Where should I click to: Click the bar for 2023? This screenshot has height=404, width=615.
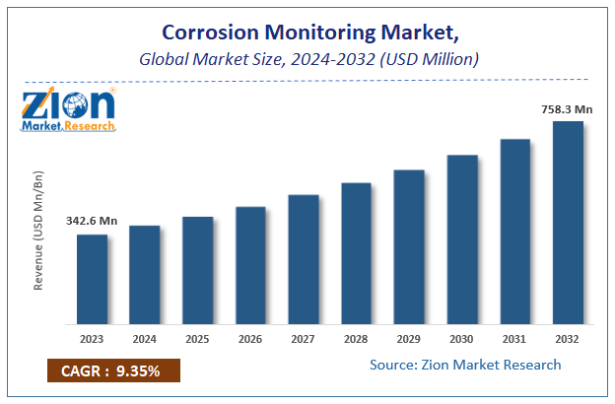tap(92, 279)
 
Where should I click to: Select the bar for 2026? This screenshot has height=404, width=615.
tap(250, 265)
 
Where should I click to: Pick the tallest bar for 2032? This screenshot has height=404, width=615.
tap(568, 223)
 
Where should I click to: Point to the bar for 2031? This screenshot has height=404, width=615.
tap(514, 232)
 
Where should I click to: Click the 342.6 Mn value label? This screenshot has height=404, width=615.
tap(92, 221)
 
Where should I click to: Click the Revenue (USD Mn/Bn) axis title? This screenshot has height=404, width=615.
tap(39, 230)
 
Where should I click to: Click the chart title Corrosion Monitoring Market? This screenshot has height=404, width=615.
tap(307, 32)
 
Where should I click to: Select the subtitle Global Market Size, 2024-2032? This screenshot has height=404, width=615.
tap(307, 59)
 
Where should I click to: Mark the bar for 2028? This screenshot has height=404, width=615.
tap(356, 253)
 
